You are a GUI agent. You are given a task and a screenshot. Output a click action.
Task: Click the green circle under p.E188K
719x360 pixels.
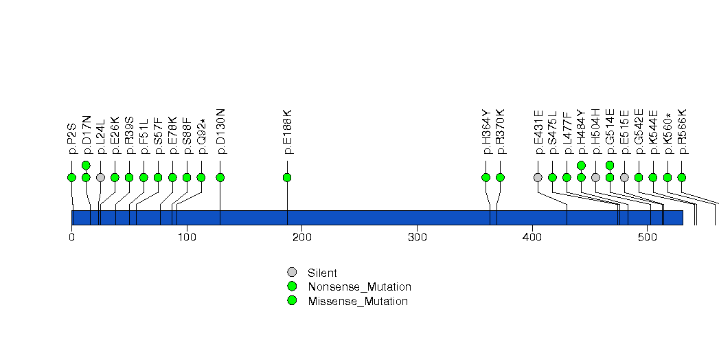click(x=287, y=177)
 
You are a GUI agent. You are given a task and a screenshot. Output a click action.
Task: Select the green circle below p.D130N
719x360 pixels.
click(x=220, y=177)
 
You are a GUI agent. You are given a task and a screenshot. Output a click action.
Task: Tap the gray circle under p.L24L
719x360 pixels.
click(x=100, y=177)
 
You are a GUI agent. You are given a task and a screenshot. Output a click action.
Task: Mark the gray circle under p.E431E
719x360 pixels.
click(x=538, y=177)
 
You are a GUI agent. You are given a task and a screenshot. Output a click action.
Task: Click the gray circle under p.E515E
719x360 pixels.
click(x=624, y=177)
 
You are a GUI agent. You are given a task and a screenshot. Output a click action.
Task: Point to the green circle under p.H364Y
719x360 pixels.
click(x=486, y=177)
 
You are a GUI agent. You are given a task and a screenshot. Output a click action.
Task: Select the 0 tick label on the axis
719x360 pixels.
click(x=71, y=238)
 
